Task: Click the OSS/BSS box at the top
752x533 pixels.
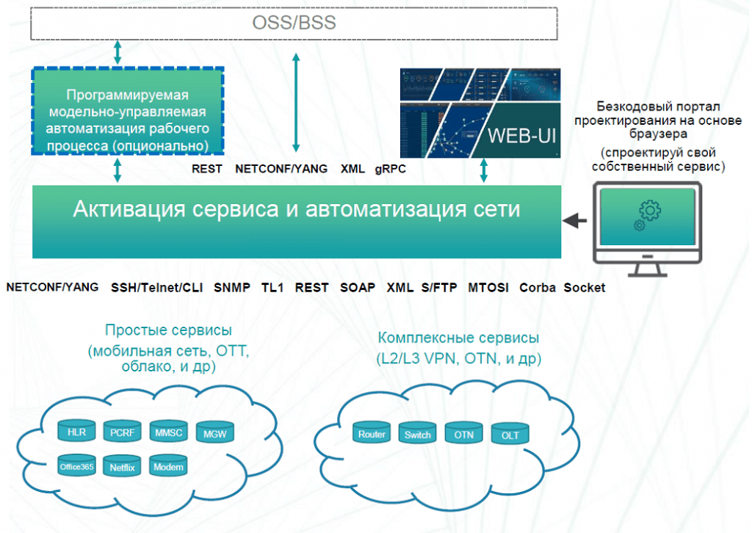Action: point(294,23)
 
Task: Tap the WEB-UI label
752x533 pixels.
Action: point(516,137)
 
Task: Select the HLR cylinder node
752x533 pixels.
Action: point(76,432)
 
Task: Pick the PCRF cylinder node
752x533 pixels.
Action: point(121,432)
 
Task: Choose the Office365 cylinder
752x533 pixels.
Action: point(78,466)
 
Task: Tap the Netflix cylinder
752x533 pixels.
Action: point(123,466)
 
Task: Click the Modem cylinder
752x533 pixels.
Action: point(169,466)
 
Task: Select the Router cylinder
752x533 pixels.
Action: point(372,434)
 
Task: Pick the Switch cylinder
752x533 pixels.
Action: point(418,435)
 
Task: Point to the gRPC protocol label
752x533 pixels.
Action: point(390,169)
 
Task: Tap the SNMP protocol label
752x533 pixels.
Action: point(232,288)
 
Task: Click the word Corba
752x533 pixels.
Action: point(538,288)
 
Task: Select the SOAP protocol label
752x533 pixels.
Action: point(358,288)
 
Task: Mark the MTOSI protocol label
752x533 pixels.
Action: point(488,288)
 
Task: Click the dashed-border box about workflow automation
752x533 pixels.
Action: point(128,112)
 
